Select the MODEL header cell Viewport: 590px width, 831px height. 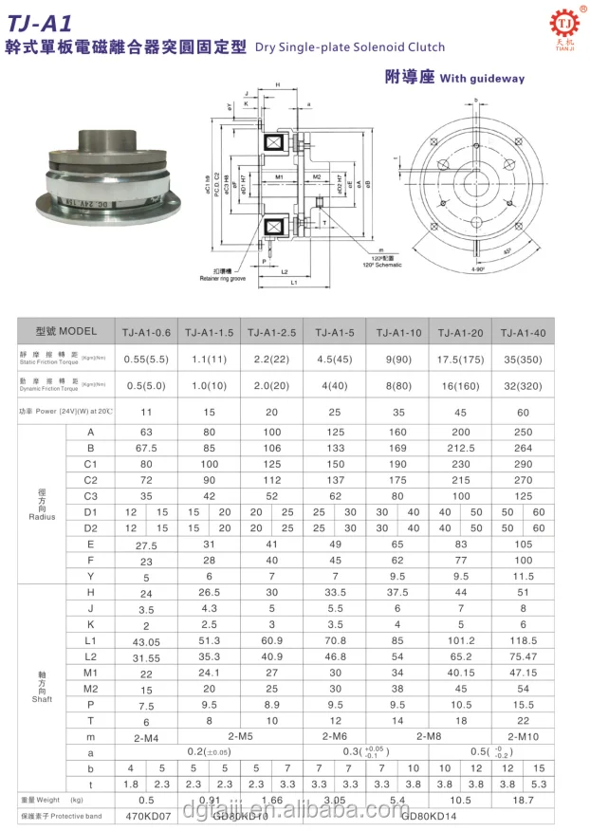[x=65, y=331]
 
